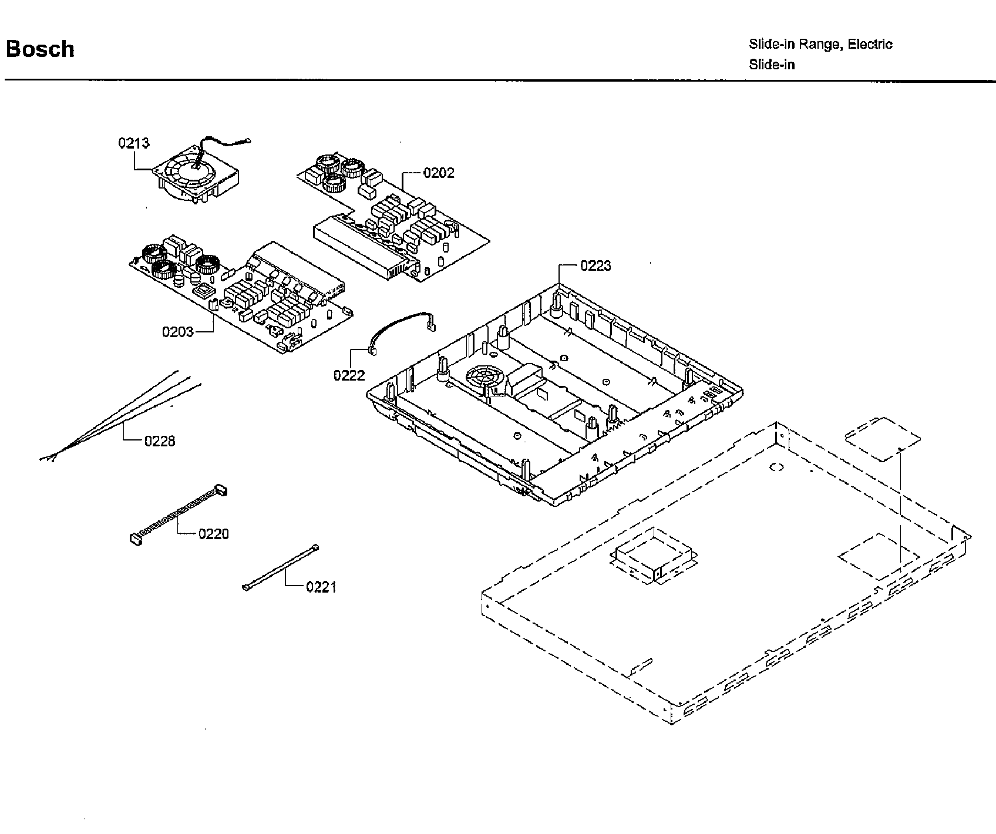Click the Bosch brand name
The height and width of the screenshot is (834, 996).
coord(40,49)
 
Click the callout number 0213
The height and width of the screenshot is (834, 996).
coord(134,143)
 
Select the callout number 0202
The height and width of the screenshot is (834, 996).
coord(439,173)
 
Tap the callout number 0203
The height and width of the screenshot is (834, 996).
coord(178,332)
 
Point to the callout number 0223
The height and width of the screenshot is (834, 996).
coord(595,266)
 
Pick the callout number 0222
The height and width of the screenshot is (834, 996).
coord(349,375)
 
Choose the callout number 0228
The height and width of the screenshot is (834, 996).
coord(160,440)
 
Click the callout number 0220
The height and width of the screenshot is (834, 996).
coord(213,534)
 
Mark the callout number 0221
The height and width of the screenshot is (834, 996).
coord(321,587)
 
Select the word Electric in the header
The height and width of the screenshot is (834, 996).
coord(870,44)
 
